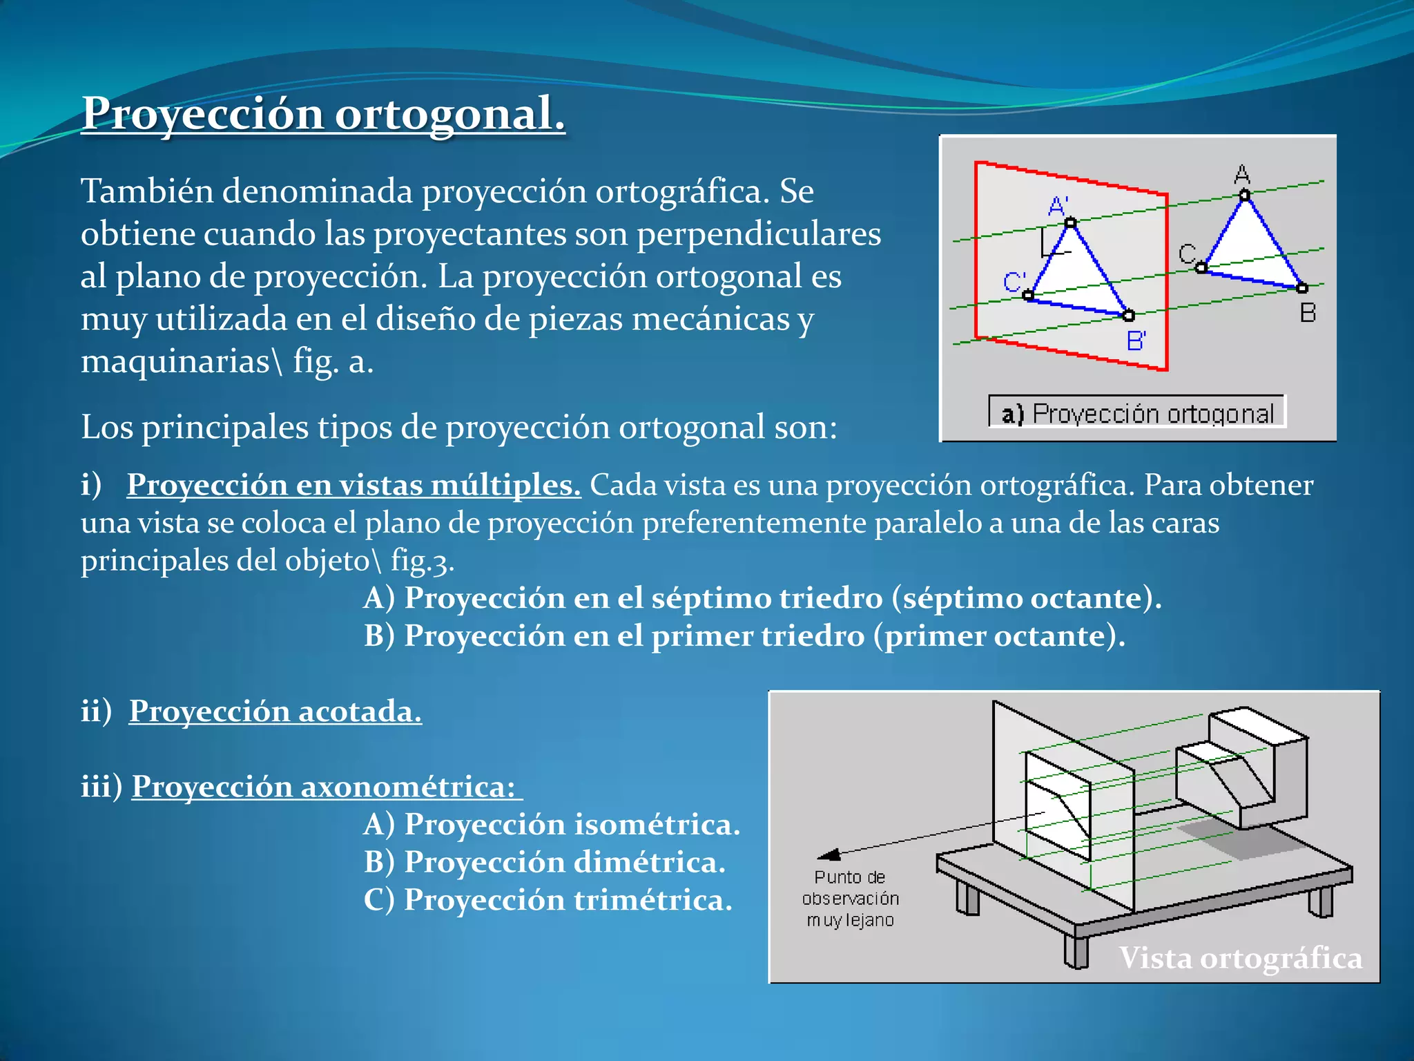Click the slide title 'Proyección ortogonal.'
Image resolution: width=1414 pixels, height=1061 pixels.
pos(323,113)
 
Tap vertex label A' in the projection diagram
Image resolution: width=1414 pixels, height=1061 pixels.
pos(1058,205)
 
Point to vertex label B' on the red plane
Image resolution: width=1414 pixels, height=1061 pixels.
pos(1136,341)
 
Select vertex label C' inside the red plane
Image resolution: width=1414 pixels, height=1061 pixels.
pos(1014,282)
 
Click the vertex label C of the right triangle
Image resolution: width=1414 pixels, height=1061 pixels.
pos(1187,254)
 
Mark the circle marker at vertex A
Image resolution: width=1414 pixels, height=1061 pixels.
pos(1244,195)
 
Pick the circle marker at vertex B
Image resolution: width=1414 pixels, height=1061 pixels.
pos(1302,288)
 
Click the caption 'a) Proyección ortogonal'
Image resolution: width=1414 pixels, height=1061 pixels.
pos(1137,413)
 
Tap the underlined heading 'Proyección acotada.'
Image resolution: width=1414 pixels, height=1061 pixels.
pos(275,711)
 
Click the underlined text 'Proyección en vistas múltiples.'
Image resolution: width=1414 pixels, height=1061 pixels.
pos(353,484)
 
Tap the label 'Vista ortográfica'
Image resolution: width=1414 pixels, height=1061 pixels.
pos(1241,958)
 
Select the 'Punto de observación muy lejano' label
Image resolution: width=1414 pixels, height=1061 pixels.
pos(850,899)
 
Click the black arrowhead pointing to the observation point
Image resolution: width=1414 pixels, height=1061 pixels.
pos(829,855)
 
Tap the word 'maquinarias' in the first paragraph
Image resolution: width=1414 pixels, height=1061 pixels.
pos(175,361)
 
